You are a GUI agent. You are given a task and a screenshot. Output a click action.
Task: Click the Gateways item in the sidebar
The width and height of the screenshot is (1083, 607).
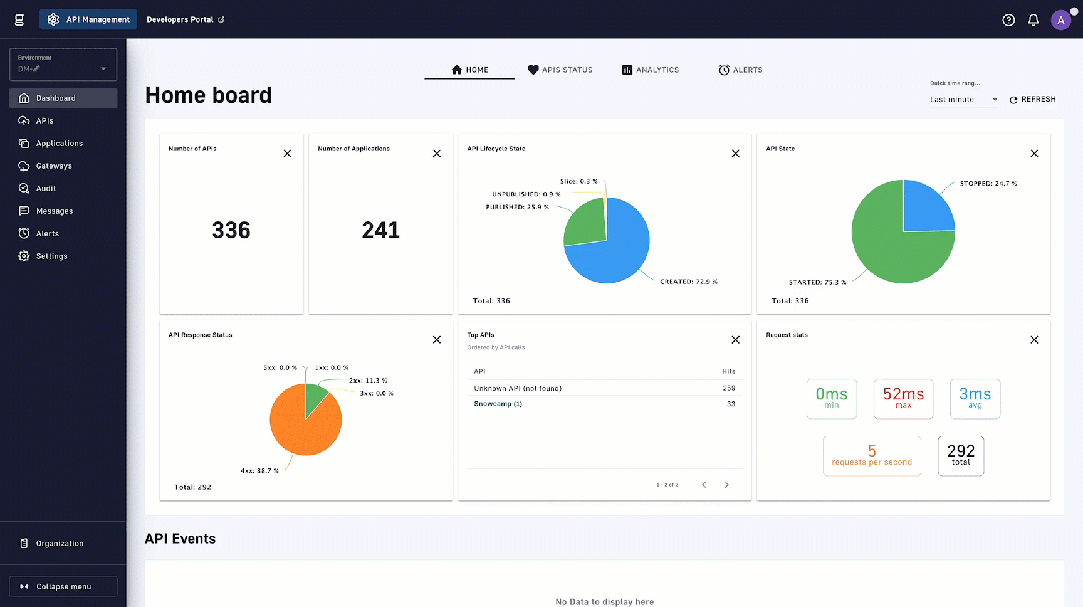click(54, 166)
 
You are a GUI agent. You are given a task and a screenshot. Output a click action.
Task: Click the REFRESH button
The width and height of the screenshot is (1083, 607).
click(1032, 100)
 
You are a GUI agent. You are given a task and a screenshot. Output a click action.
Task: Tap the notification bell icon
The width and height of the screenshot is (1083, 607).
click(1033, 20)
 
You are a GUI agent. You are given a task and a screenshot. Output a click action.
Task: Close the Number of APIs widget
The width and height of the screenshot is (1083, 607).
click(287, 154)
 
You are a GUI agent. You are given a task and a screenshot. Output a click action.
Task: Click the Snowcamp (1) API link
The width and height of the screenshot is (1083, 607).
click(498, 404)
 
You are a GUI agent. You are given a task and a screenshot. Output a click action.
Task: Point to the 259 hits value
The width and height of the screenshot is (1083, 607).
click(728, 388)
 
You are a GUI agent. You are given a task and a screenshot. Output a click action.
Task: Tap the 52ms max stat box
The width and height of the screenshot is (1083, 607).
click(903, 399)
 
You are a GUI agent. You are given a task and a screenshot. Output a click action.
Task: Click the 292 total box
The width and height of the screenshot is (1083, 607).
click(960, 456)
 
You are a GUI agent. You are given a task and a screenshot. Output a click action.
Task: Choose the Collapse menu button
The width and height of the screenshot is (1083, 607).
click(63, 586)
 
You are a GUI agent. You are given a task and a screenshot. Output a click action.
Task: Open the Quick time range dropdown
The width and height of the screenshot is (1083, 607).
click(963, 100)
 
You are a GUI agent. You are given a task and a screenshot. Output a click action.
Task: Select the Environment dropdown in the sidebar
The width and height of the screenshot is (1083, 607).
click(63, 65)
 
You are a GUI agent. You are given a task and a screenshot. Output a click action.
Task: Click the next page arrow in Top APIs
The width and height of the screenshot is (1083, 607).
click(726, 485)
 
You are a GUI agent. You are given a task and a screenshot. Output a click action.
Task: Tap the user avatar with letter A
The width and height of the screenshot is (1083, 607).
click(1060, 20)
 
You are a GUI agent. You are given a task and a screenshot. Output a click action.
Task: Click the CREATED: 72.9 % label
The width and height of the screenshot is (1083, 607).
click(688, 282)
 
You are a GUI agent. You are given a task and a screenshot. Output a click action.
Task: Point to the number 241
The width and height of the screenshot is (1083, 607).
click(380, 230)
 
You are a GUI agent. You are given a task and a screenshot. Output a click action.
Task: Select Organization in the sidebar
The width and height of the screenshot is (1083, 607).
click(60, 544)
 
